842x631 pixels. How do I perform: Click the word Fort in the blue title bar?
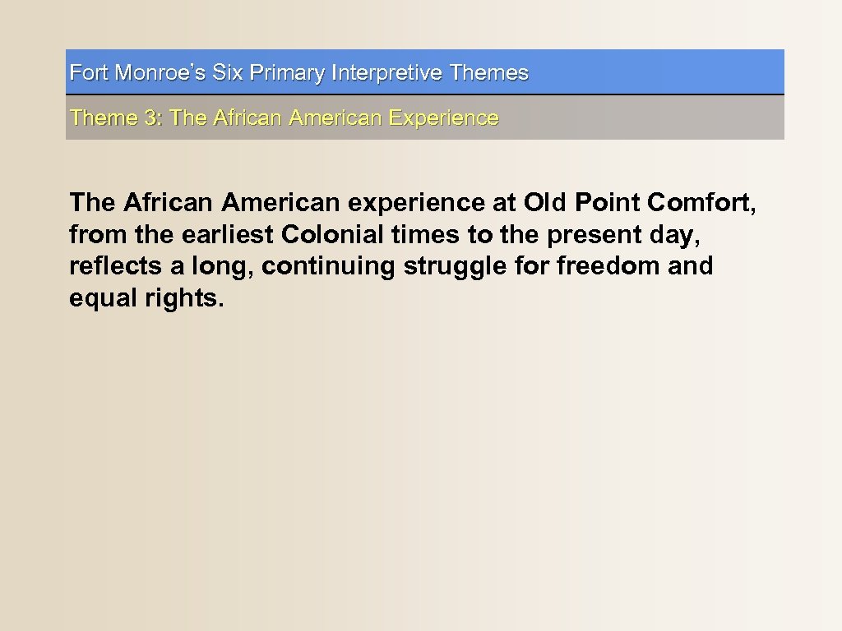tap(89, 73)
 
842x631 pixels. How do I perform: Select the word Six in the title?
tap(228, 73)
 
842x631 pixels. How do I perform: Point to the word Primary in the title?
tap(287, 74)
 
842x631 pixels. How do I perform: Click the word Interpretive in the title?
tap(387, 73)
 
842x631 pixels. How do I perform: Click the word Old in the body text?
tap(544, 202)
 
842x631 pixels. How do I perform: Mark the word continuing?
tap(328, 267)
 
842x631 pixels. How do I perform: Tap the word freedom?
tap(589, 267)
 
